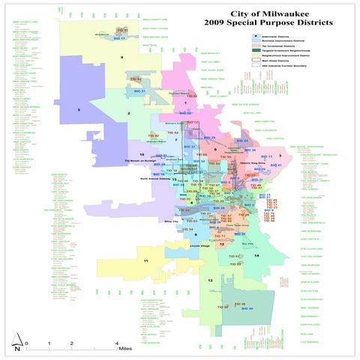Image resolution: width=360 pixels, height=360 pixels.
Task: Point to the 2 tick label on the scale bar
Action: tap(71, 342)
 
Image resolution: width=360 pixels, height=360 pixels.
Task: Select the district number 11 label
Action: tap(145, 260)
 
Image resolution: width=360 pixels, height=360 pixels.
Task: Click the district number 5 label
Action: tap(78, 109)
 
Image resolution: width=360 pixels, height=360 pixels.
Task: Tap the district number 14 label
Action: tap(256, 256)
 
